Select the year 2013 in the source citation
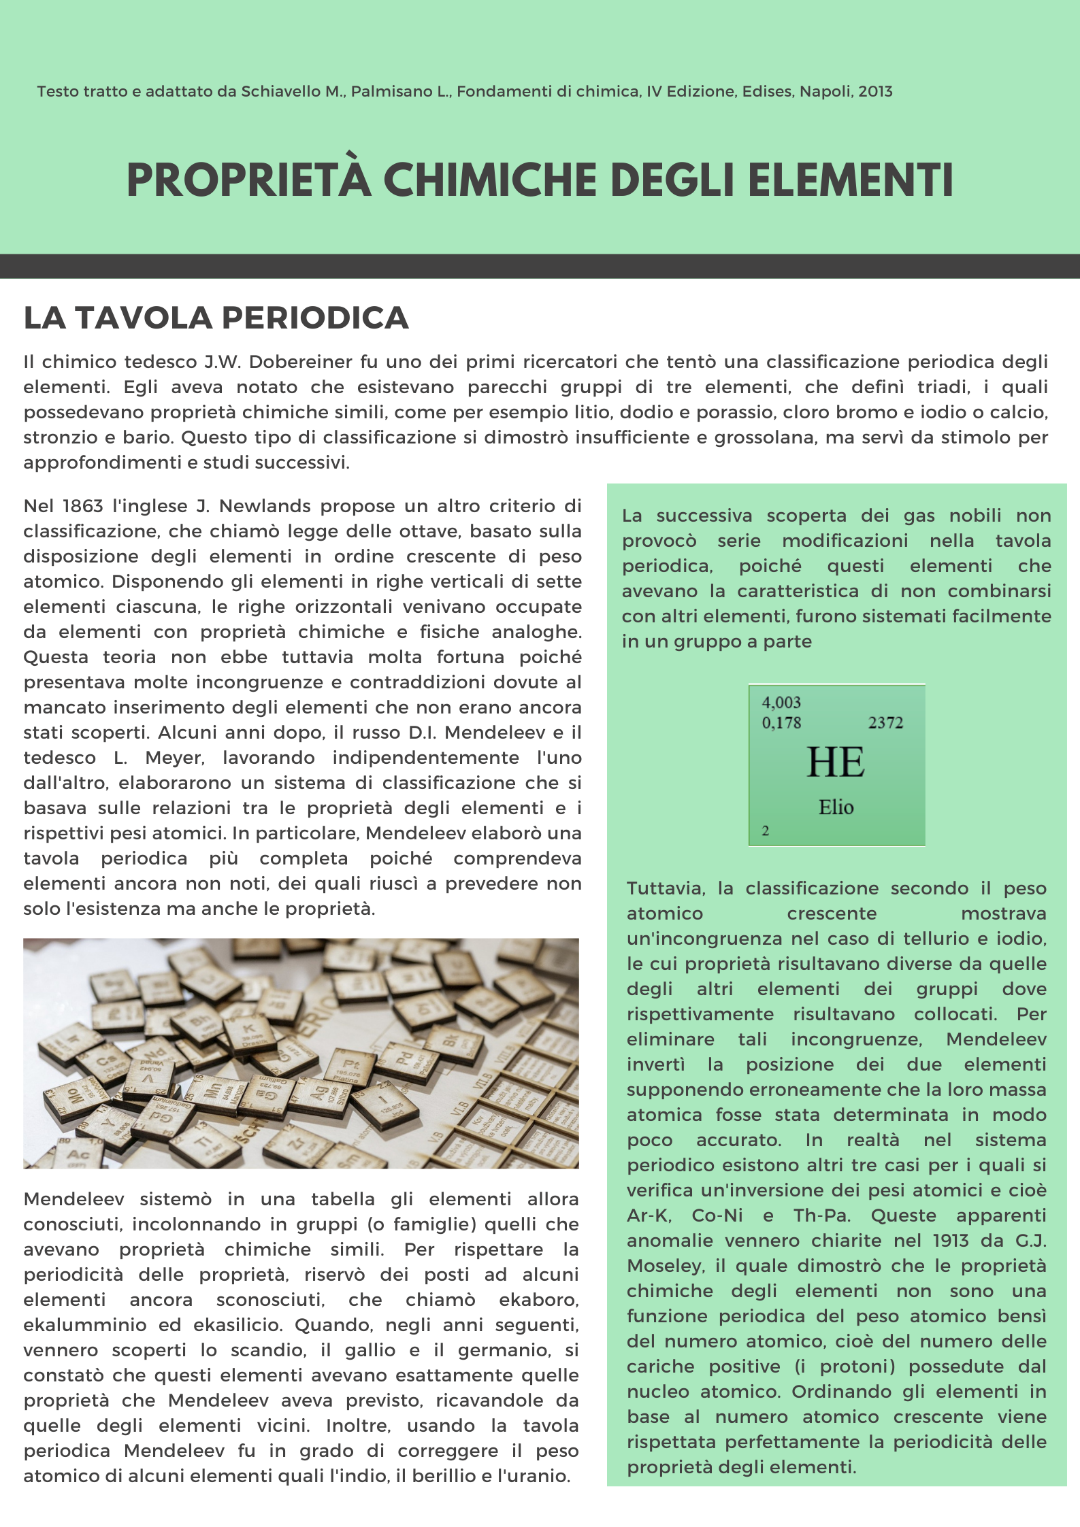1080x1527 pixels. [875, 91]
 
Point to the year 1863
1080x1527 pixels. [82, 506]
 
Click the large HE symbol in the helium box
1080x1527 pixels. [836, 762]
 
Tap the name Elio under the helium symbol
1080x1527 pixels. [836, 807]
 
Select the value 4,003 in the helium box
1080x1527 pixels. [781, 703]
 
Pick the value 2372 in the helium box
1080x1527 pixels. [885, 723]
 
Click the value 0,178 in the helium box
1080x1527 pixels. [781, 723]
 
